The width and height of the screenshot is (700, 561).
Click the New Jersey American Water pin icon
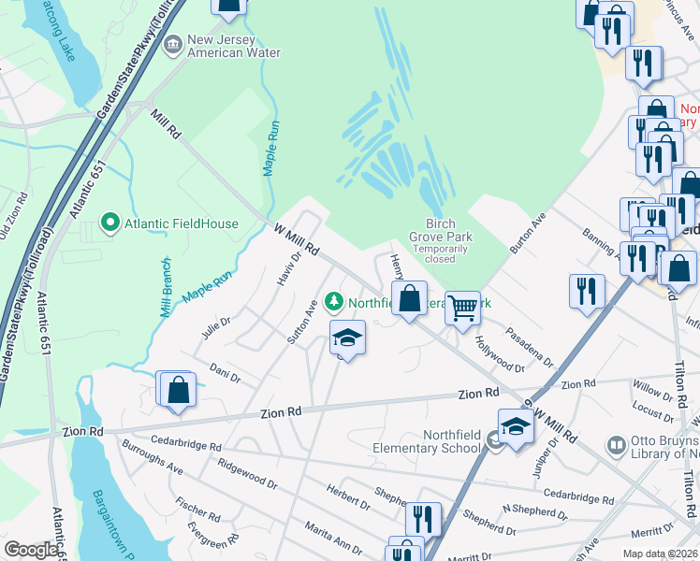pyautogui.click(x=173, y=45)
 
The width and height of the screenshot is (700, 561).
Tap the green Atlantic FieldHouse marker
pyautogui.click(x=110, y=223)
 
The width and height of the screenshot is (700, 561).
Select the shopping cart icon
pyautogui.click(x=462, y=308)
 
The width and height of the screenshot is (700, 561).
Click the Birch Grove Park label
pyautogui.click(x=440, y=230)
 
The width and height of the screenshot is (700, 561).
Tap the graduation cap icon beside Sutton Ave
pyautogui.click(x=346, y=338)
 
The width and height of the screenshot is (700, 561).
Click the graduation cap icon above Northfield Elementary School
pyautogui.click(x=515, y=426)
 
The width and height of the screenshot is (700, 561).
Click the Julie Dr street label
pyautogui.click(x=215, y=327)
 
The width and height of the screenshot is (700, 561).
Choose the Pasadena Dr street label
pyautogui.click(x=530, y=346)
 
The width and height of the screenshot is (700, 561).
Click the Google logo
pyautogui.click(x=31, y=550)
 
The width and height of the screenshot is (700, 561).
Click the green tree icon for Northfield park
pyautogui.click(x=334, y=301)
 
